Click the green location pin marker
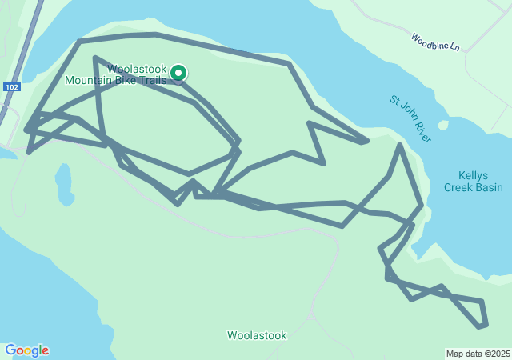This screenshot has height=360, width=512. point(178,73)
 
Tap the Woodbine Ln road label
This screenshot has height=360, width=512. point(436,42)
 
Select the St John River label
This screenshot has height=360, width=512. point(410,120)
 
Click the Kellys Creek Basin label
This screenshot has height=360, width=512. point(475,182)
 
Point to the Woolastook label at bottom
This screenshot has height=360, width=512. point(257,335)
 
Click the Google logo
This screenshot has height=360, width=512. point(26,350)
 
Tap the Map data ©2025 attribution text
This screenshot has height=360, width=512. point(478,354)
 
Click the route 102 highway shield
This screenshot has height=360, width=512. point(11,86)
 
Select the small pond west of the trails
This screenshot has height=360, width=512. point(64,184)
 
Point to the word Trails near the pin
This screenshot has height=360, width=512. point(152,80)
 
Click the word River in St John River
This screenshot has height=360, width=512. point(422,132)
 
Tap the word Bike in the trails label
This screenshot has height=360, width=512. point(127,80)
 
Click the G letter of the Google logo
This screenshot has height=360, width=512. point(10,350)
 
